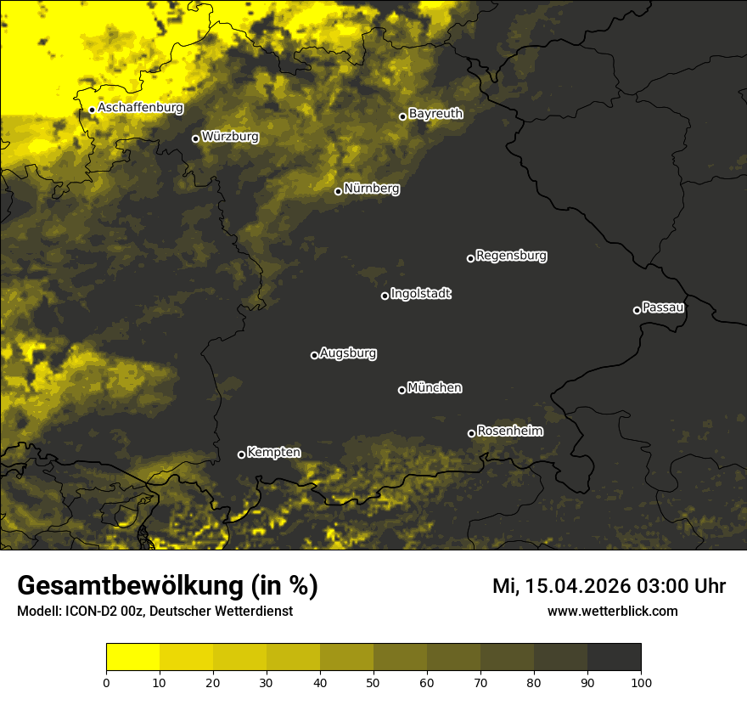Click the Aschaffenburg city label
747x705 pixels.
tap(140, 108)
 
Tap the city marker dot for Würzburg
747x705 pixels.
tap(195, 138)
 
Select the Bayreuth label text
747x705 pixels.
tap(435, 113)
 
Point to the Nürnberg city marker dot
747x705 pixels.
tap(338, 191)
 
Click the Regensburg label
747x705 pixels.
tap(511, 255)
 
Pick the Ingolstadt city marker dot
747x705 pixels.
tap(385, 296)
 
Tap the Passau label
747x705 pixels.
tap(663, 307)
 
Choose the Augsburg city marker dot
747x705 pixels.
tap(314, 355)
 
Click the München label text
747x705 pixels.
tap(435, 387)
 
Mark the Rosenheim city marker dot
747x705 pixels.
tap(471, 433)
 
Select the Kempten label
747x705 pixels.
tap(273, 452)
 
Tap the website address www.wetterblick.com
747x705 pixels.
tap(612, 611)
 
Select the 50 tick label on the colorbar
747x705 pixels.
tap(373, 682)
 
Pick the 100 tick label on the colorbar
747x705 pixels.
tap(640, 682)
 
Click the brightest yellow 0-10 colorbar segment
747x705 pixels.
tap(132, 657)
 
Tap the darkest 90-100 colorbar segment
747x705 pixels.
tap(614, 657)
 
